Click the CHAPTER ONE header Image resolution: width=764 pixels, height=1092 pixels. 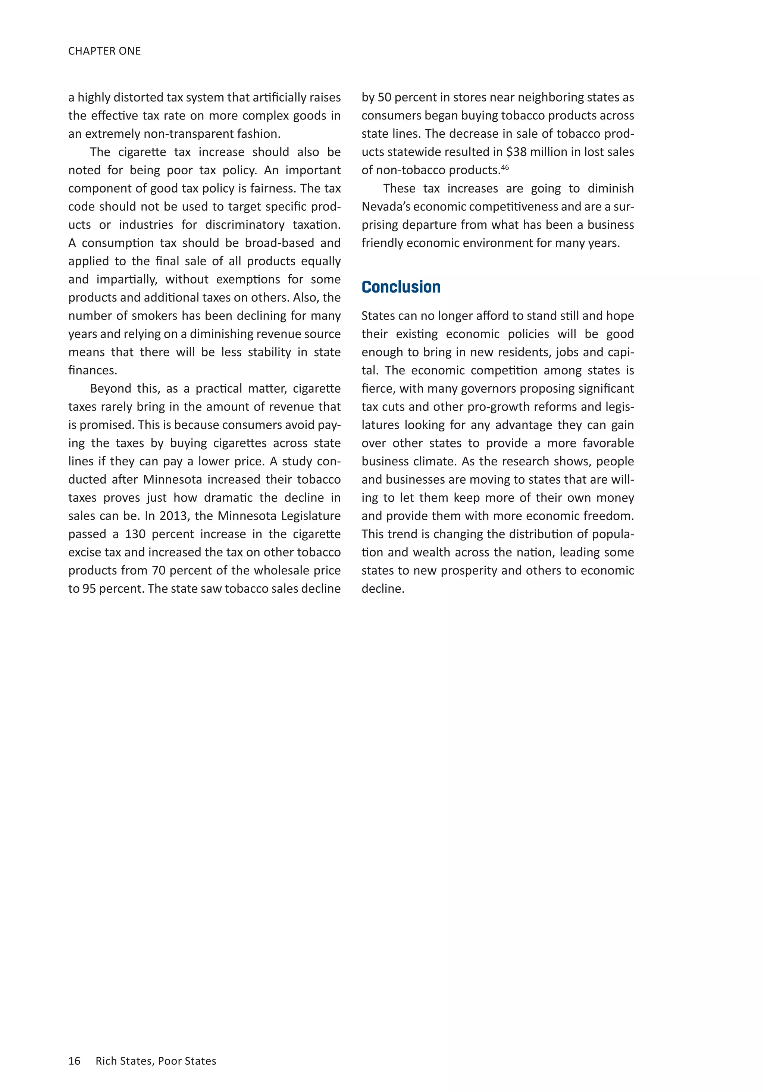click(x=104, y=51)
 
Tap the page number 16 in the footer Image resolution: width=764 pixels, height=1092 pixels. click(x=74, y=1061)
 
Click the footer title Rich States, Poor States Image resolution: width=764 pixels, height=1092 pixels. click(x=156, y=1061)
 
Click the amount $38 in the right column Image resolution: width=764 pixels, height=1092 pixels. click(x=516, y=152)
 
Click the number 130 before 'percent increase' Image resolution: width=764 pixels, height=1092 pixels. click(x=135, y=534)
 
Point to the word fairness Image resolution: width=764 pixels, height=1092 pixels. click(x=272, y=188)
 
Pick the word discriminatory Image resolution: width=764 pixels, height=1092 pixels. click(x=245, y=225)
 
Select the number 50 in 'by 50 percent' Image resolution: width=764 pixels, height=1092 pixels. click(x=384, y=97)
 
